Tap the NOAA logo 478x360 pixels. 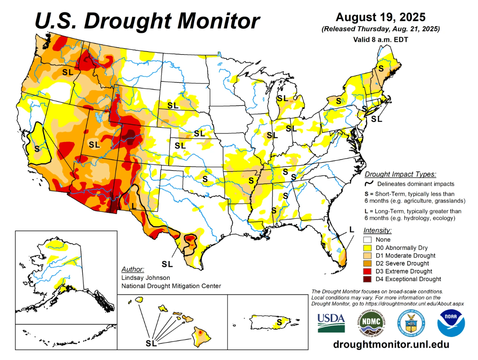451,323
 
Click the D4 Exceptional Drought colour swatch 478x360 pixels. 368,279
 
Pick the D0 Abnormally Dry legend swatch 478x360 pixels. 368,247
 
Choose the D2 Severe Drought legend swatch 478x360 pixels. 368,264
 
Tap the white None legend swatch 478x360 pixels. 368,240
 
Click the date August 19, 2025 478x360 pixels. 381,17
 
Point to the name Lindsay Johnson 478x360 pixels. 146,278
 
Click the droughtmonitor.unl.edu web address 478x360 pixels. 391,344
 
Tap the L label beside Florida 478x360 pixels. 351,229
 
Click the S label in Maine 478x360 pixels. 381,68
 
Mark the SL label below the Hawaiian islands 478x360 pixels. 151,343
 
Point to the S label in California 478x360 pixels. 37,148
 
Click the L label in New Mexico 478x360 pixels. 134,206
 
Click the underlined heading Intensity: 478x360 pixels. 377,230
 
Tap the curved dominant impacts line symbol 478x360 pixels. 370,183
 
